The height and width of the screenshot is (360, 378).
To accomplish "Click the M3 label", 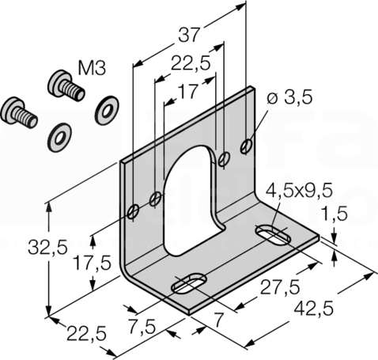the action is click(93, 68).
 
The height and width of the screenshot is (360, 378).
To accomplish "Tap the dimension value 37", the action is click(188, 35).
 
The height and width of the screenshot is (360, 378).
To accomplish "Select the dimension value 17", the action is click(187, 91).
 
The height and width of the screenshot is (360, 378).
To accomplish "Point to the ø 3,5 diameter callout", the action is click(289, 97).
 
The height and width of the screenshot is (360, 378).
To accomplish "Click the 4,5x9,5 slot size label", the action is click(299, 191).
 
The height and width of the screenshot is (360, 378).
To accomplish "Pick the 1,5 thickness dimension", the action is click(335, 213).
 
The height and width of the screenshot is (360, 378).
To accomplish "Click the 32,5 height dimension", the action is click(48, 247).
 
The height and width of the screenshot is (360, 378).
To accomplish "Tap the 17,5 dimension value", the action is click(92, 263).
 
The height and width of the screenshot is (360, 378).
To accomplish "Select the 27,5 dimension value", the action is click(280, 287).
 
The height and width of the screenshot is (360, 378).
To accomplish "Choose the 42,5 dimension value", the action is click(314, 309).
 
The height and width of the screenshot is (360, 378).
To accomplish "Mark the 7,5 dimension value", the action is click(142, 326).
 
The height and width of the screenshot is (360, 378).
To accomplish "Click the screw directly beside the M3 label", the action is click(66, 85).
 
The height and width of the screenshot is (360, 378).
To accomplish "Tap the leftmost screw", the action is click(19, 112).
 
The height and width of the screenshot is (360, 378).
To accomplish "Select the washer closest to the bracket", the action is click(107, 110).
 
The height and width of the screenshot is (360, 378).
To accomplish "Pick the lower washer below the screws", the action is click(59, 138).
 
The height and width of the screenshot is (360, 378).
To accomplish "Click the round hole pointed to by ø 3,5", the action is click(247, 146).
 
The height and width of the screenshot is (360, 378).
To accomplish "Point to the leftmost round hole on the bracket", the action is click(133, 211).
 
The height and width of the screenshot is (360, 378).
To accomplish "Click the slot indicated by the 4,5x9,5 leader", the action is click(273, 233).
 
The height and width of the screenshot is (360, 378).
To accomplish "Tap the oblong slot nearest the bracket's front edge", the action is click(189, 283).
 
